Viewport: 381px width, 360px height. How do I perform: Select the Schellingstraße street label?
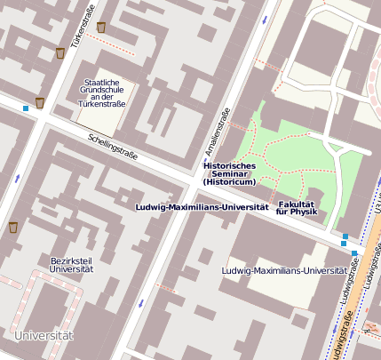[113, 146]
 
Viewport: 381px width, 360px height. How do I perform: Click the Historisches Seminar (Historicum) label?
[229, 173]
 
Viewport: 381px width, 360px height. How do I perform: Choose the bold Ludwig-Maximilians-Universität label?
[202, 206]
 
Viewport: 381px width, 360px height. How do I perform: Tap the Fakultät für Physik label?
[298, 208]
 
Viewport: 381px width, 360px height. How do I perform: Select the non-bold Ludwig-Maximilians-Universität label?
[284, 269]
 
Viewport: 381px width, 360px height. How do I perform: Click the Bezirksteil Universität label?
[72, 263]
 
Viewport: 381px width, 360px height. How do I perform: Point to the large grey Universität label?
[44, 335]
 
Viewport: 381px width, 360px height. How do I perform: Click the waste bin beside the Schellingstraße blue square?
[40, 103]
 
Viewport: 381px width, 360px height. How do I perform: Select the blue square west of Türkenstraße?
[26, 108]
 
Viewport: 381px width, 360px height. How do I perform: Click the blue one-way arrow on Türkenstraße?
[19, 178]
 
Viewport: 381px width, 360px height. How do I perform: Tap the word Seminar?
[229, 173]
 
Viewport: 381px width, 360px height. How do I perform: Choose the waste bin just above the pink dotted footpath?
[101, 28]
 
